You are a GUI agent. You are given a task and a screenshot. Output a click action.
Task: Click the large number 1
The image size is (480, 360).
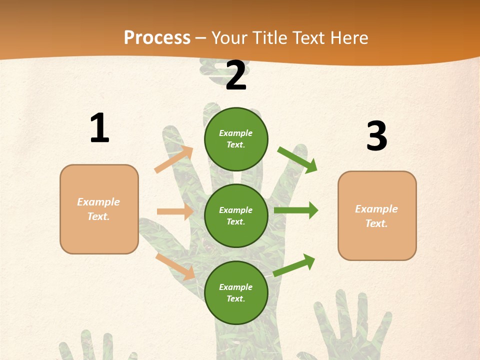coord(99,128)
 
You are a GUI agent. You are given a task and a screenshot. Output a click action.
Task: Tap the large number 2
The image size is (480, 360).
coord(236,75)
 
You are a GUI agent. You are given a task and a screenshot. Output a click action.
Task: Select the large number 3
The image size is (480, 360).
coord(376,136)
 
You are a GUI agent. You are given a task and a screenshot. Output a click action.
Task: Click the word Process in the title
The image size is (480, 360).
coord(157,37)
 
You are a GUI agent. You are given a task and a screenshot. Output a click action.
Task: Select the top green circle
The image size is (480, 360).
coord(236,139)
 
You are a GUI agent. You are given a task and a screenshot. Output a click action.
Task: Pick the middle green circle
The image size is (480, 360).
coord(236,215)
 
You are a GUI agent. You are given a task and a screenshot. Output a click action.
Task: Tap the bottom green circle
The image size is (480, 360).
coord(236,292)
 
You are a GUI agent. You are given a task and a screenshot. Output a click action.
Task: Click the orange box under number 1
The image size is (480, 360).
coord(99,209)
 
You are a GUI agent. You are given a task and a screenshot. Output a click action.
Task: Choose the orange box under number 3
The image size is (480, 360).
coord(377,215)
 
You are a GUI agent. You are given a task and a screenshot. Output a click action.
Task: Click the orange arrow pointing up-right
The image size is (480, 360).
coord(174,159)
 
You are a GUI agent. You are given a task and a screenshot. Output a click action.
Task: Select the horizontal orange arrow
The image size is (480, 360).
coord(175,211)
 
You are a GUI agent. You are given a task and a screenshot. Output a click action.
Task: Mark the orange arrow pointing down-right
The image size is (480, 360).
coord(175,266)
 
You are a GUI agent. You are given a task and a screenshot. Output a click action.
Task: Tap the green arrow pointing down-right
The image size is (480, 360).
coord(297,159)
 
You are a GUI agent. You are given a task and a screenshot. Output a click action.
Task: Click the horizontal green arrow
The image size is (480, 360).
coord(296,210)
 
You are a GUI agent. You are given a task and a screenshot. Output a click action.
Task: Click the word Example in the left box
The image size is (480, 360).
coord(98,202)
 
